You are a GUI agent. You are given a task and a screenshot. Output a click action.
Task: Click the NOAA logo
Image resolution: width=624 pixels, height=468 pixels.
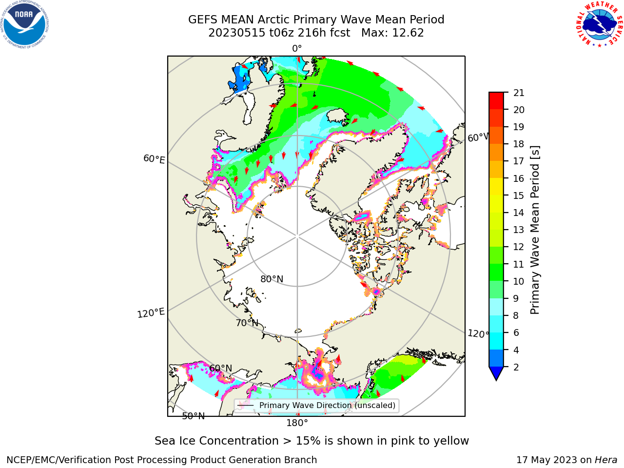[24, 24]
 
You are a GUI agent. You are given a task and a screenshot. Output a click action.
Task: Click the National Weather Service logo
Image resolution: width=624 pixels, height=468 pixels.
[600, 24]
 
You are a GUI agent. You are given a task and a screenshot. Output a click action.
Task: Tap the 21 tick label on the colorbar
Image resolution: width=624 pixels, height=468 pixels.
[519, 93]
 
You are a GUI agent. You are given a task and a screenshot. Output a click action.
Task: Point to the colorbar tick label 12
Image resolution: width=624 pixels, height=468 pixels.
[519, 247]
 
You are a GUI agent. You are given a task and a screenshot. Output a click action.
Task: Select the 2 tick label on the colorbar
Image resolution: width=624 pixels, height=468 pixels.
[516, 367]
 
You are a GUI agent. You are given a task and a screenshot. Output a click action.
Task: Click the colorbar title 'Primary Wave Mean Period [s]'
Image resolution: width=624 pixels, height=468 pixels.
[535, 230]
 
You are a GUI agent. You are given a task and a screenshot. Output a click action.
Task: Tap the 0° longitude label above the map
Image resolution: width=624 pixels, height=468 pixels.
[297, 49]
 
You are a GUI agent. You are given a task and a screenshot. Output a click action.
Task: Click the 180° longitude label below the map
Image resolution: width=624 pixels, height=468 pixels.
[297, 423]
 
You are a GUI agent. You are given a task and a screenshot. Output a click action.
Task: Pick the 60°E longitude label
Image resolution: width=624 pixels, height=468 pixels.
[154, 159]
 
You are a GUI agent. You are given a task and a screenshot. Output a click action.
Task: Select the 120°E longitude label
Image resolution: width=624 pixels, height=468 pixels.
[151, 313]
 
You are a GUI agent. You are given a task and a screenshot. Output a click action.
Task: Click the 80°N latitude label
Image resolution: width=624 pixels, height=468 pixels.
[272, 279]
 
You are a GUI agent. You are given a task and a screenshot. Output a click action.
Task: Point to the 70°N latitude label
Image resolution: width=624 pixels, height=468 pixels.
[247, 323]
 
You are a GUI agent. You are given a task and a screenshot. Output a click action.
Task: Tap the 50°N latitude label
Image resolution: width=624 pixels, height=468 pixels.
[194, 416]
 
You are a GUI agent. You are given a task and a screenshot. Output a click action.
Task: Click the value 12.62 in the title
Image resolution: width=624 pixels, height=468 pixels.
[408, 33]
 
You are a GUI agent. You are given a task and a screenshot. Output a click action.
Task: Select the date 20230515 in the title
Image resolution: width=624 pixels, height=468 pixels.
[237, 33]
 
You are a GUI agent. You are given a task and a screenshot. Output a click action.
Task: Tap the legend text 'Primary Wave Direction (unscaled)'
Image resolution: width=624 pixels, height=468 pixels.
[327, 406]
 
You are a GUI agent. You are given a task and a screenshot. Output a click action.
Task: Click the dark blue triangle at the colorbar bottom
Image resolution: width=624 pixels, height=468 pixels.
[496, 373]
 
